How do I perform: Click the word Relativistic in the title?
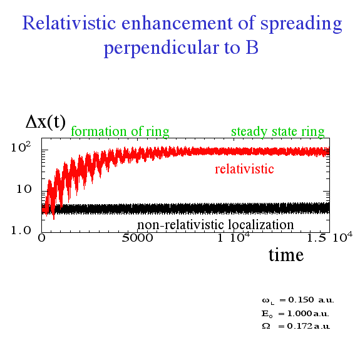pyautogui.click(x=69, y=23)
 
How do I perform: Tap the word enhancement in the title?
pyautogui.click(x=177, y=23)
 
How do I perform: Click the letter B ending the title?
pyautogui.click(x=252, y=48)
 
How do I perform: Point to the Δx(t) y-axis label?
pyautogui.click(x=46, y=122)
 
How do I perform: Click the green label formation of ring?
pyautogui.click(x=120, y=131)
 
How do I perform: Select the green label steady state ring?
pyautogui.click(x=277, y=131)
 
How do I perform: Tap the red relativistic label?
pyautogui.click(x=244, y=169)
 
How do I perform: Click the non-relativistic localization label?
pyautogui.click(x=215, y=225)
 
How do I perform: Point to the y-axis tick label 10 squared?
pyautogui.click(x=21, y=147)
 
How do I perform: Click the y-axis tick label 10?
pyautogui.click(x=24, y=189)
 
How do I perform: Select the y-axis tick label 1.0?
pyautogui.click(x=21, y=230)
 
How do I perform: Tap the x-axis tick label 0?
pyautogui.click(x=41, y=238)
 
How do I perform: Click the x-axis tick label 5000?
pyautogui.click(x=137, y=238)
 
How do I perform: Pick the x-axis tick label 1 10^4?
pyautogui.click(x=234, y=237)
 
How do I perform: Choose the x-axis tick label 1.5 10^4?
pyautogui.click(x=329, y=237)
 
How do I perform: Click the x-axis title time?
pyautogui.click(x=286, y=255)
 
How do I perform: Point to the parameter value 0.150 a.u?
pyautogui.click(x=311, y=300)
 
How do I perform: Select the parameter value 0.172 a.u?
pyautogui.click(x=308, y=326)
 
